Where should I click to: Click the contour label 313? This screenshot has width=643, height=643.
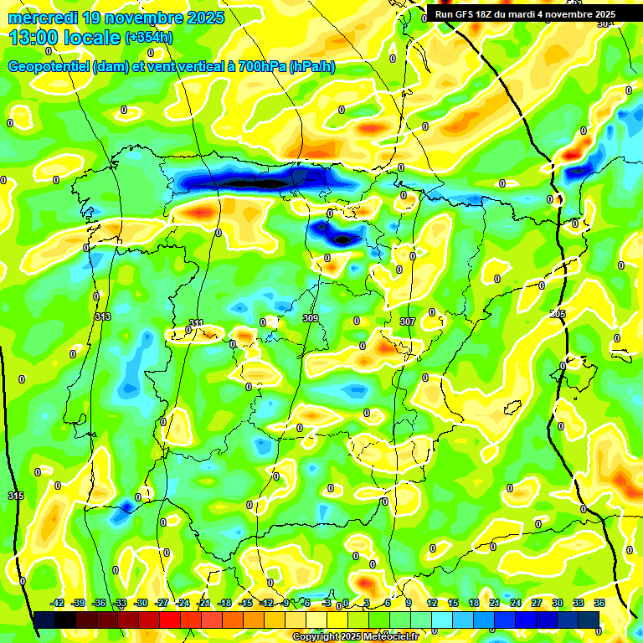(x=103, y=316)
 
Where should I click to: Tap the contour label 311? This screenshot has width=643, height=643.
(x=196, y=322)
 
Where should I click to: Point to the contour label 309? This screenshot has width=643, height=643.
(x=310, y=318)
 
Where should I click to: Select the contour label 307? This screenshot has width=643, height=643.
(x=408, y=321)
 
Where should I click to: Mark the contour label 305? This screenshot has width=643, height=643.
(x=558, y=313)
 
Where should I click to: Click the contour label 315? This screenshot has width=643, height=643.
(x=16, y=496)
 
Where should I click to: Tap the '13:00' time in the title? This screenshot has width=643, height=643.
(x=37, y=38)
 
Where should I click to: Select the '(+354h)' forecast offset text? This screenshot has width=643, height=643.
(x=148, y=38)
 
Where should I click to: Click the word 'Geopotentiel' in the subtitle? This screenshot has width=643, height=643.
(x=49, y=66)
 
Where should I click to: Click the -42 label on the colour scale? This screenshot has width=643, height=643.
(x=58, y=603)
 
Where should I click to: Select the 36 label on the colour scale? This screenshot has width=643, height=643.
(x=599, y=603)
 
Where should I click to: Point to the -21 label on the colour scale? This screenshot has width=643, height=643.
(x=203, y=603)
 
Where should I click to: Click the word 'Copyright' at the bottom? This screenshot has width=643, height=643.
(x=316, y=637)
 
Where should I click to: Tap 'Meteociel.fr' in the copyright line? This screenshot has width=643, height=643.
(x=387, y=637)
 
